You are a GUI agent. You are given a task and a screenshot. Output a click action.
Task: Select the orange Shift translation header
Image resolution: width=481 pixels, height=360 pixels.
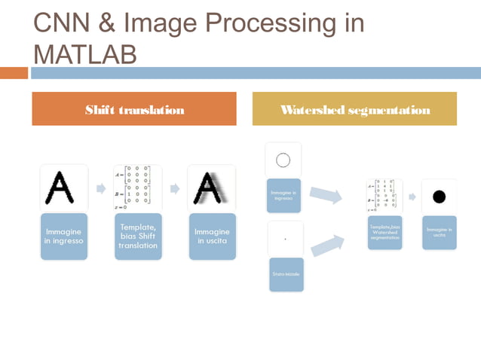(x=134, y=109)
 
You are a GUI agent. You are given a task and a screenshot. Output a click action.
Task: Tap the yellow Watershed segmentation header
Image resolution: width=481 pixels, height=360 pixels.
(x=354, y=109)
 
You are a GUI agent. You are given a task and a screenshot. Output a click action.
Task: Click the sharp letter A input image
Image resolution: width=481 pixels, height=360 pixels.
(x=63, y=188)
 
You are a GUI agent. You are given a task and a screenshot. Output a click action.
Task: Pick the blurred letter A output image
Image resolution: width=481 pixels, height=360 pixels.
(x=212, y=188)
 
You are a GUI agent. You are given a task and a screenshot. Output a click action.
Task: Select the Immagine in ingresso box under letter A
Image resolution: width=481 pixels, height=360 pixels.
(x=63, y=236)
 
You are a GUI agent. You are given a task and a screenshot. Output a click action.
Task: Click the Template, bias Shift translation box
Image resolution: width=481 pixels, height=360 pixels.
(x=137, y=236)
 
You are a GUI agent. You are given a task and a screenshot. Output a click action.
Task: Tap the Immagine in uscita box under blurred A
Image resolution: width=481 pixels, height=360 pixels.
(x=212, y=236)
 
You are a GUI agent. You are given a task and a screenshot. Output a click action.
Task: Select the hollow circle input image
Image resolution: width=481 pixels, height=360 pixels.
(x=283, y=160)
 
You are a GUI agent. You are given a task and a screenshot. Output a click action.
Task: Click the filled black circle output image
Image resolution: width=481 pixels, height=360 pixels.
(x=440, y=197)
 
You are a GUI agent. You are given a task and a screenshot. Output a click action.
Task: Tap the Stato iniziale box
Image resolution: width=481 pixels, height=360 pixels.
(x=286, y=273)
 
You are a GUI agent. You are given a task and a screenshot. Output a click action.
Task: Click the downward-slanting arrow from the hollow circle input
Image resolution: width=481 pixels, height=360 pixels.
(x=325, y=196)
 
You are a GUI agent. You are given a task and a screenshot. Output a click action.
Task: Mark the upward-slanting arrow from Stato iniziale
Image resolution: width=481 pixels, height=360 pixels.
(x=325, y=245)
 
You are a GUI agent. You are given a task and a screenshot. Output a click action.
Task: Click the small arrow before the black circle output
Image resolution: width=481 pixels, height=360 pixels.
(x=412, y=197)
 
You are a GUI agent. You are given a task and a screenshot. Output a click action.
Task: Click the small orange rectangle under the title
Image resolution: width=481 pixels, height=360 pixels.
(x=14, y=73)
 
